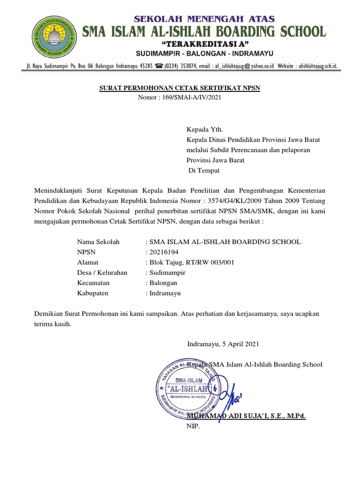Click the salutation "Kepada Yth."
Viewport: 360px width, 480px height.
[x=202, y=129]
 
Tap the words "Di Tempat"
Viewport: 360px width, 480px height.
[x=204, y=171]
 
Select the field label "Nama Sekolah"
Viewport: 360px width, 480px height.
[x=98, y=242]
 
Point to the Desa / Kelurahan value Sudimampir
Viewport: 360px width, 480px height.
[x=167, y=273]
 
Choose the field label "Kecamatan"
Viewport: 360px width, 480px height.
[x=93, y=283]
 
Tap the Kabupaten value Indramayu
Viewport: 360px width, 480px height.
[x=165, y=293]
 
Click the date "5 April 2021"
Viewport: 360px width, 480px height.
[x=239, y=344]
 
